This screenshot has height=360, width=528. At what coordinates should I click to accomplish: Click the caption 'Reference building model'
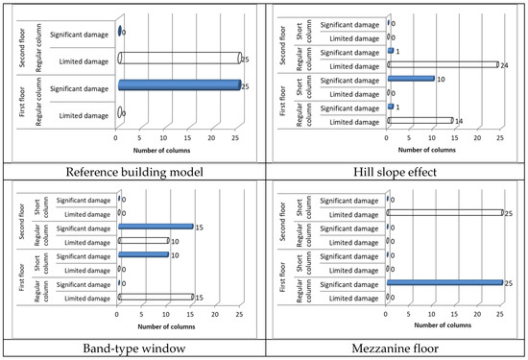(132, 173)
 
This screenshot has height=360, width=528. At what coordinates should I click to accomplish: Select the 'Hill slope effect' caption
(396, 173)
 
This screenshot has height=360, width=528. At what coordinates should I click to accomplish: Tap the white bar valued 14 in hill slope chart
(420, 120)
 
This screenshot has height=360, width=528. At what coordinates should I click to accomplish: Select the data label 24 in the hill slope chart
(504, 65)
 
